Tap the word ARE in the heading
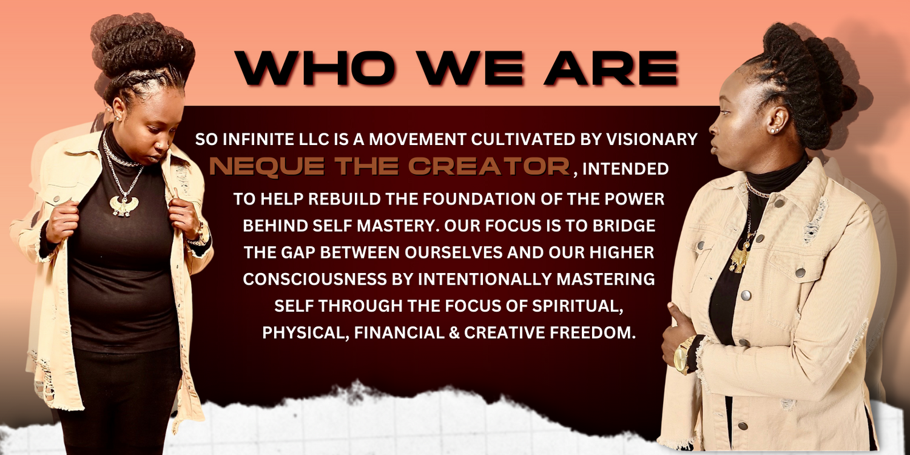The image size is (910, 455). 612,67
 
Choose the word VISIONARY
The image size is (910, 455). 652,140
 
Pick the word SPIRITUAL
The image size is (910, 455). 578,306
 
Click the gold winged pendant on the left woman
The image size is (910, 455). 124,205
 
